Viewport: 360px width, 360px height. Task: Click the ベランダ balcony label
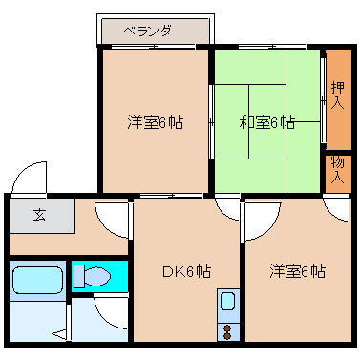[147, 31]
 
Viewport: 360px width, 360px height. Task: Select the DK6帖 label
[185, 270]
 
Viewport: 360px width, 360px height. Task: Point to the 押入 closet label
[338, 95]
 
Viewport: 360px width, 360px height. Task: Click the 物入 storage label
[338, 170]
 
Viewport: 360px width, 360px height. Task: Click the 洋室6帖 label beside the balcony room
[156, 122]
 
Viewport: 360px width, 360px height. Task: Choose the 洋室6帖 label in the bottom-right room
[296, 270]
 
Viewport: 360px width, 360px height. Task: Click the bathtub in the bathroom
[37, 282]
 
